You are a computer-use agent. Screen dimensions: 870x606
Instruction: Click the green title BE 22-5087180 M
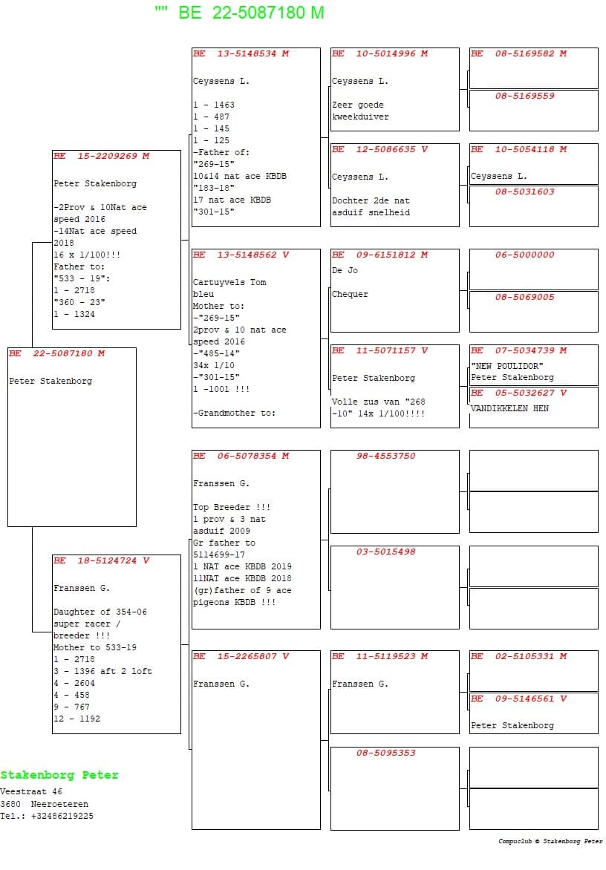point(251,13)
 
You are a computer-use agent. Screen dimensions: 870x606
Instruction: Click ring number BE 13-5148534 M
point(241,54)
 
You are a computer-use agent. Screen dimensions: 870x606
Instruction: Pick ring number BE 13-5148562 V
point(241,255)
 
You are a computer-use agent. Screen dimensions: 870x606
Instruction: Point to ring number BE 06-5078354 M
point(241,457)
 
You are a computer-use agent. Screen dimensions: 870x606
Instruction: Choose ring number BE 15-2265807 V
point(241,657)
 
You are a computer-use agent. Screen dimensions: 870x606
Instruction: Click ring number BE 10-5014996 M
point(379,54)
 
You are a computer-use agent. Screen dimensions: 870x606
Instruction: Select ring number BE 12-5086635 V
point(379,150)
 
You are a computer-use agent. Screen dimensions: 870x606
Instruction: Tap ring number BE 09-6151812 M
point(379,255)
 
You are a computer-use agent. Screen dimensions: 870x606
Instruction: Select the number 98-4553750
point(385,457)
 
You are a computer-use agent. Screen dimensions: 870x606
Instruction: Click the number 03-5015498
point(385,552)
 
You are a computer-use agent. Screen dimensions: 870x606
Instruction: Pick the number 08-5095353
point(385,753)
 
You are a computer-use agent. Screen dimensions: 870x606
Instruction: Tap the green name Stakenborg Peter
point(59,775)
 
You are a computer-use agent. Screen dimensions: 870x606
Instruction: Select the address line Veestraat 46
point(31,792)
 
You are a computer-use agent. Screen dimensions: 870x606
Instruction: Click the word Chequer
point(350,295)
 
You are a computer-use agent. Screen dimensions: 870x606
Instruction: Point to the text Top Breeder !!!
point(232,508)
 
